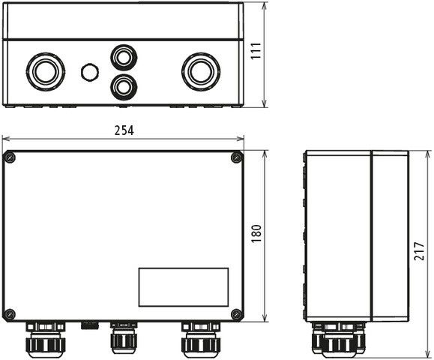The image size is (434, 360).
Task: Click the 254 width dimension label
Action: click(124, 130)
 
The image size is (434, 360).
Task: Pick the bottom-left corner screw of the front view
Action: click(10, 313)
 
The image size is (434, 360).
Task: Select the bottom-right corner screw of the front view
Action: click(236, 313)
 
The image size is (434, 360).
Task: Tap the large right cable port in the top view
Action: click(199, 71)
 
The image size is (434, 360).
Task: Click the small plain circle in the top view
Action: click(90, 72)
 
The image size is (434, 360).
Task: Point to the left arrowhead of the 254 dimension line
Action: click(4, 138)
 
